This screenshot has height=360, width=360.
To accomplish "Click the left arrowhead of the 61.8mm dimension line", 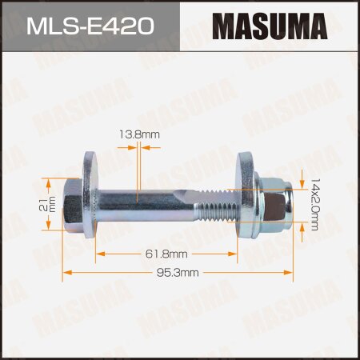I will pyautogui.click(x=98, y=254).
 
